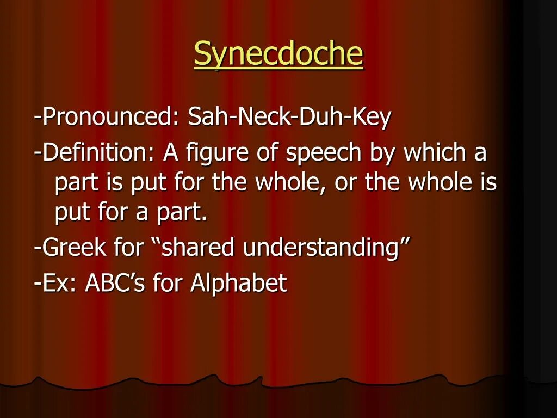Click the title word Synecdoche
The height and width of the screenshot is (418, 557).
point(278,54)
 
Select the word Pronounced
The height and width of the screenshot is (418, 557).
point(109,117)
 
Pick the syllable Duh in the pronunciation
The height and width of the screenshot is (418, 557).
point(319,117)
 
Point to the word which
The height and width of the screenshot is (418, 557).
point(433,153)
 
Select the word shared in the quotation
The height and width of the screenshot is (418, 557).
point(199,248)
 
